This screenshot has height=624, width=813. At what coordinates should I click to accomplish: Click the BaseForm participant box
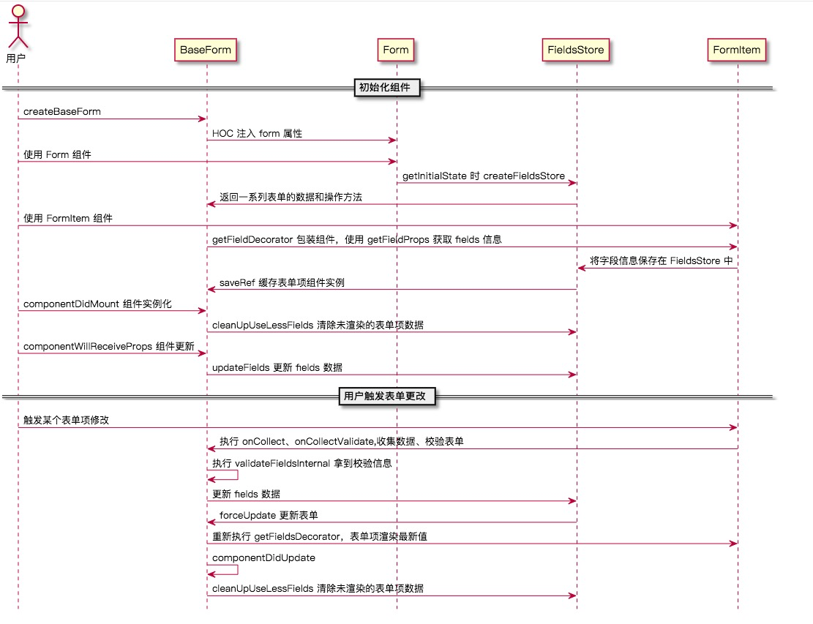(x=206, y=50)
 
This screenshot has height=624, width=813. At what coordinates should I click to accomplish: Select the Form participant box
(x=396, y=50)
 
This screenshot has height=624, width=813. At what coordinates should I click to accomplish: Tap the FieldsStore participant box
(x=577, y=50)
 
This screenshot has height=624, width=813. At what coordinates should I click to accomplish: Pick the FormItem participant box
(x=737, y=50)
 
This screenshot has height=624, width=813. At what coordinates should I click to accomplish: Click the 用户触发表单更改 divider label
(x=389, y=396)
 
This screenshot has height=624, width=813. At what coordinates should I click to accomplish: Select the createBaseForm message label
(x=62, y=112)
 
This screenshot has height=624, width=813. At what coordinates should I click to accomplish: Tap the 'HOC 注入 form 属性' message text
(x=257, y=134)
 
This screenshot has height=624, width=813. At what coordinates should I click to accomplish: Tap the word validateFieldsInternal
(x=282, y=463)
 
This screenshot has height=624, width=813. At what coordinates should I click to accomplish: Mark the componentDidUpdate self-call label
(x=263, y=557)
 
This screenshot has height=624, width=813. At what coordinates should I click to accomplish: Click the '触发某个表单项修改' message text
(x=67, y=421)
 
